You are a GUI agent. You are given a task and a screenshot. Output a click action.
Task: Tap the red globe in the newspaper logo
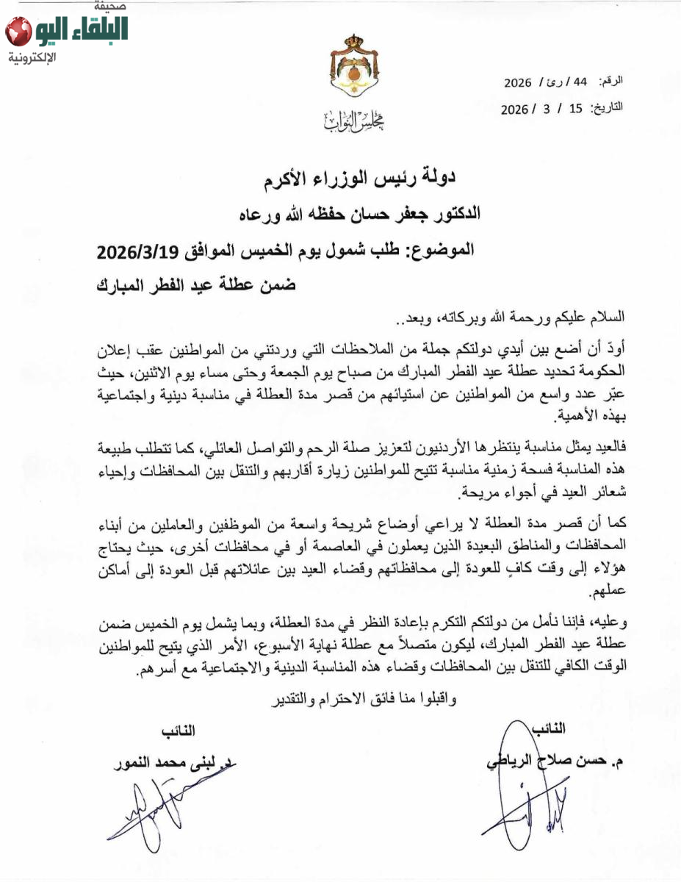18,32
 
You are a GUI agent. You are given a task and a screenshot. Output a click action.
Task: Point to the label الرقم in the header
612,80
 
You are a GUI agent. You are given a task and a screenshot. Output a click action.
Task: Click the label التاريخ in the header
608,107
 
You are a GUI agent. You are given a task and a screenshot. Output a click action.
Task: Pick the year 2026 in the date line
515,109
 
